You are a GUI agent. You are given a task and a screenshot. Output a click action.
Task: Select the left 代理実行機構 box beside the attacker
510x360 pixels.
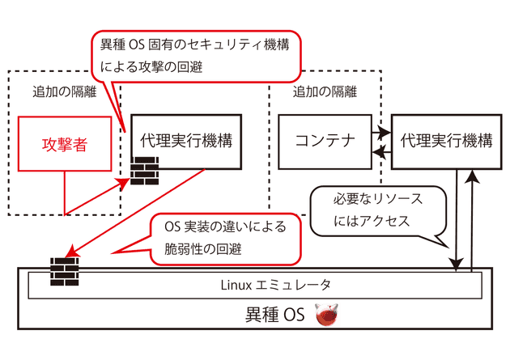pos(185,141)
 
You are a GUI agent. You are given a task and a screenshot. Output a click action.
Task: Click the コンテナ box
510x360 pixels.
pos(325,141)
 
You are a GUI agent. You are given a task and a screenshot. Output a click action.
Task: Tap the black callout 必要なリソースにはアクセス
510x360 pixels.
pos(377,209)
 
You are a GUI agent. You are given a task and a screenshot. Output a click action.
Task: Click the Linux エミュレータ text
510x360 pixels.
pos(256,284)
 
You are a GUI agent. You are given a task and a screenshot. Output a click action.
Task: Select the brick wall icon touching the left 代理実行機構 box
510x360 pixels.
pos(143,172)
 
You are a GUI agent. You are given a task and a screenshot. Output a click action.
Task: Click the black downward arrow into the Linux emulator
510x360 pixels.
pos(458,218)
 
